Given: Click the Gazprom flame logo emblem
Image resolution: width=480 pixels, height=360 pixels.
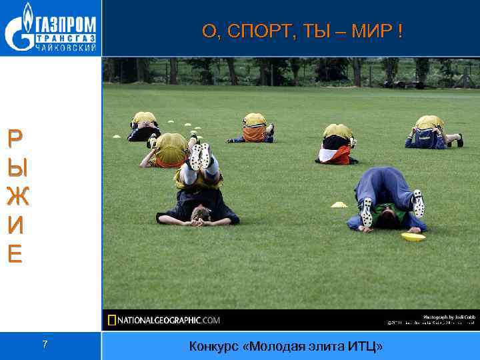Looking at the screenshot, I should pos(18,28).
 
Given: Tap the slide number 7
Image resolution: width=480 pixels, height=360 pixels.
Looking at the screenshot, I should pos(45,345).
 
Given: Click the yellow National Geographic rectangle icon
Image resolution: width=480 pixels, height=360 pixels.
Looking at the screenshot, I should pos(112,321).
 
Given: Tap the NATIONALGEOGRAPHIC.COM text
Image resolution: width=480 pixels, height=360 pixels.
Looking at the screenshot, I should pos(169,321).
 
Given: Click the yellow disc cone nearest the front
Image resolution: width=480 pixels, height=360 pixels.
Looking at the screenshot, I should pos(413,237).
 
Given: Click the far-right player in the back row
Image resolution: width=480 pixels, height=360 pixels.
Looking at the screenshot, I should pos(433,132).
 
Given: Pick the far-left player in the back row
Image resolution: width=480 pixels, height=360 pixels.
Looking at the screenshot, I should pos(143,127).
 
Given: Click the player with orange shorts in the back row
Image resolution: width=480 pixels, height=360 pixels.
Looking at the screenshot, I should pos(253,129).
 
